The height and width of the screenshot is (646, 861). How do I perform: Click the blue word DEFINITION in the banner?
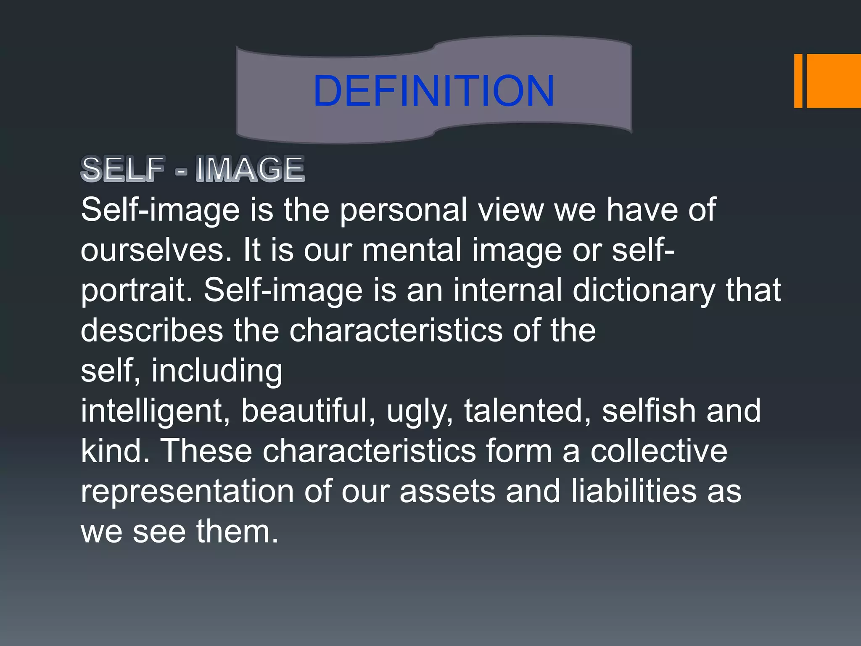pos(433,90)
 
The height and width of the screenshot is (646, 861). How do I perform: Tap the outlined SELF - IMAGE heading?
pos(193,169)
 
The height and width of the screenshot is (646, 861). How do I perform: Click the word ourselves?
pos(156,250)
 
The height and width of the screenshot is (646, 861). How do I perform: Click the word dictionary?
pos(644,290)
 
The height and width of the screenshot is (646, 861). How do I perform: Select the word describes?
pos(152,330)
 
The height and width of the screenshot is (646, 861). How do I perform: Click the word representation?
pos(187,491)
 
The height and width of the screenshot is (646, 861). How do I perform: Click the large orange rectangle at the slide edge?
pos(834,81)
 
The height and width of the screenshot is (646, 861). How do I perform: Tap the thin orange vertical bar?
pos(798,81)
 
